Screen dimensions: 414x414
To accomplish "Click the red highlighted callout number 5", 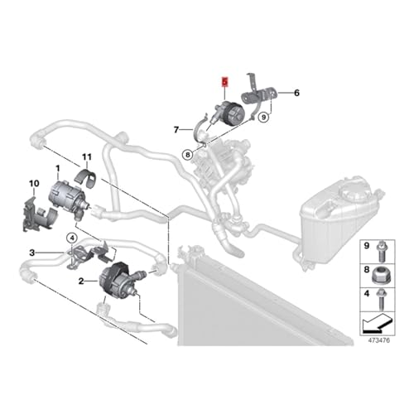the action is (225, 82).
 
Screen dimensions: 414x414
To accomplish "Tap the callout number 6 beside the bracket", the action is (296, 93).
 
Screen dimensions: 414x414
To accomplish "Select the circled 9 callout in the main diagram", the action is (264, 118).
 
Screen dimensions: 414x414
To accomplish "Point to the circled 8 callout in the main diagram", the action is (188, 155).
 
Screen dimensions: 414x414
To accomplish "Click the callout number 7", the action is (176, 129).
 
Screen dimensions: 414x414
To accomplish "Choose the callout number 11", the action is (87, 157).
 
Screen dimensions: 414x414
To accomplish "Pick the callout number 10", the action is (34, 184).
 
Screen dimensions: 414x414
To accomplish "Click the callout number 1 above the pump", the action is (58, 168).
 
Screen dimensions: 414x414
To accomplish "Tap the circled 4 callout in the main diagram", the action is (72, 238).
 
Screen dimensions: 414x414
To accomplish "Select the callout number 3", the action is (32, 253).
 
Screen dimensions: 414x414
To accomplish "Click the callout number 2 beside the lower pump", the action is (81, 282).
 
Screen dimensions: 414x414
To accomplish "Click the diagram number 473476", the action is (379, 340).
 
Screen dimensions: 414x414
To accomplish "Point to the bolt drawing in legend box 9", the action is (381, 252).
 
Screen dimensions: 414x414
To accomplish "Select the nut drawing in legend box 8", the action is (380, 276).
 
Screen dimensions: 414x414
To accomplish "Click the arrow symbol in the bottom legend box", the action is (377, 323).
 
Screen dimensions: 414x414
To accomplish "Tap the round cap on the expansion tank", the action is (355, 190).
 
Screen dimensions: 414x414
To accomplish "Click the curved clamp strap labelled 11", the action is (85, 179).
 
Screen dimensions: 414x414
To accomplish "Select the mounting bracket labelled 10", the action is (39, 213).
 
